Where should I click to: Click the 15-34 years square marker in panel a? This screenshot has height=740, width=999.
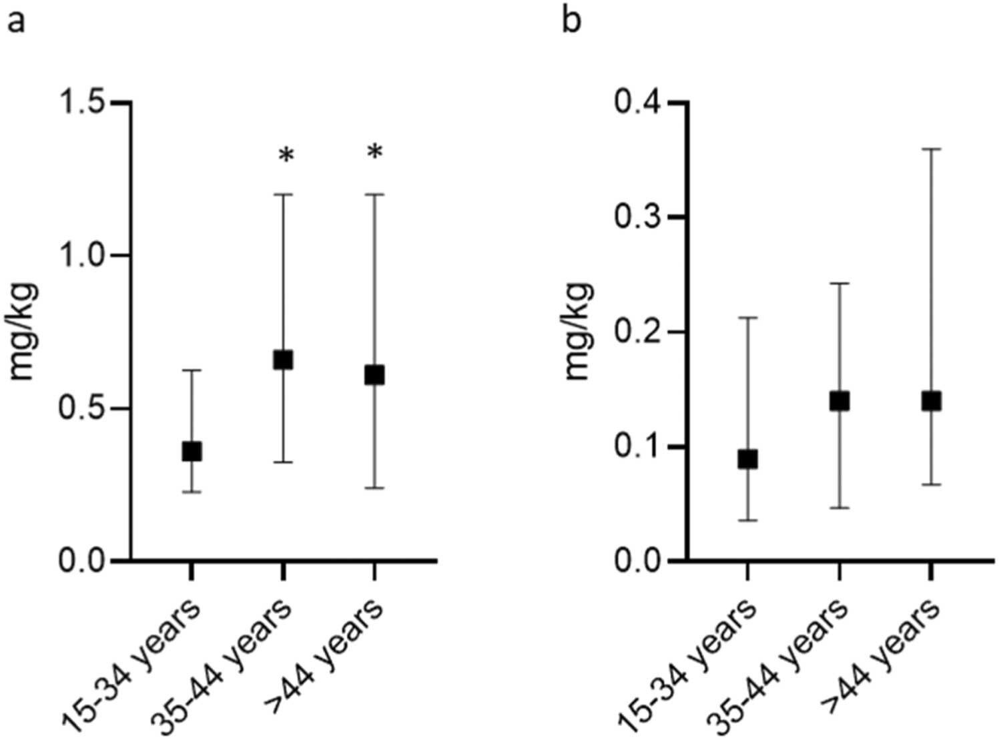pyautogui.click(x=192, y=452)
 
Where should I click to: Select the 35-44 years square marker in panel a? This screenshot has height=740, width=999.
pyautogui.click(x=284, y=360)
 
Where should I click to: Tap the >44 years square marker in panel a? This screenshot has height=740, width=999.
pyautogui.click(x=374, y=376)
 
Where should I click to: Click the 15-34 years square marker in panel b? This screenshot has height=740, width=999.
pyautogui.click(x=747, y=460)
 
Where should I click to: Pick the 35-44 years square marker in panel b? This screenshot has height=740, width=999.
pyautogui.click(x=839, y=401)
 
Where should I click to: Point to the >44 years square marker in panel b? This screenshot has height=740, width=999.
pyautogui.click(x=930, y=401)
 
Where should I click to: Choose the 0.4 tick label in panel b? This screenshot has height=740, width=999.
pyautogui.click(x=636, y=103)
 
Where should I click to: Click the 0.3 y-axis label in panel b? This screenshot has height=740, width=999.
pyautogui.click(x=636, y=218)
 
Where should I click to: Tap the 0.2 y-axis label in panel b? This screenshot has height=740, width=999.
pyautogui.click(x=636, y=332)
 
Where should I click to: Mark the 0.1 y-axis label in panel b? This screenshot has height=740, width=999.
pyautogui.click(x=636, y=446)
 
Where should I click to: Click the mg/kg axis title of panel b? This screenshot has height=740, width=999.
pyautogui.click(x=578, y=332)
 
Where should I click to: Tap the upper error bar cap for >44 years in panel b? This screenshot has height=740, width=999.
pyautogui.click(x=930, y=149)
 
